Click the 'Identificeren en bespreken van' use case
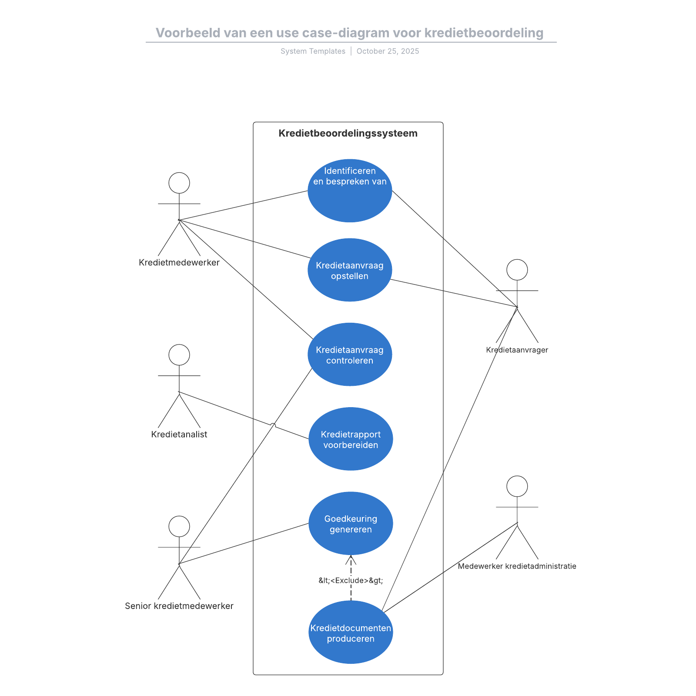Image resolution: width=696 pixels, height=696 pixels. [350, 191]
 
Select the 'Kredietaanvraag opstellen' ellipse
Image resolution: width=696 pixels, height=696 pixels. [350, 270]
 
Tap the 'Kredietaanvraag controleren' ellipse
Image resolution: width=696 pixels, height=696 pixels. [350, 355]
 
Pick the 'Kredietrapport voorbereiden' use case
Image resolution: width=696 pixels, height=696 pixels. [351, 439]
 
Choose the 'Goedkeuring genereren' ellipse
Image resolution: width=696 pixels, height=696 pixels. [351, 523]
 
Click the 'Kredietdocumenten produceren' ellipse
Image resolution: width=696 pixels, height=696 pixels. [351, 632]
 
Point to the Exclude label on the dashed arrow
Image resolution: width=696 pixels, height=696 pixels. [351, 580]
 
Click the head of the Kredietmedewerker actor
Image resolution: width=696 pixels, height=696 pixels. [179, 183]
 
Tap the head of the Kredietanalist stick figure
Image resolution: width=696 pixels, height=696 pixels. [179, 355]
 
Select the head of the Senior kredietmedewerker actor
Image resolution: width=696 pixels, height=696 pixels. [179, 526]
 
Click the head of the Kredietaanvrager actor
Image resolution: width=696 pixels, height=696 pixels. [517, 270]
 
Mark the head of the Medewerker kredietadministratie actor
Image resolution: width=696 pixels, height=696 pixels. [517, 486]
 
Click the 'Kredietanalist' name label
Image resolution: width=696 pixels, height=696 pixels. [179, 434]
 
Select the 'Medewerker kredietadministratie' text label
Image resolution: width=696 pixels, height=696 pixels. [517, 566]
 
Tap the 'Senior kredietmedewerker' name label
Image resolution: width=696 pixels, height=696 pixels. [179, 606]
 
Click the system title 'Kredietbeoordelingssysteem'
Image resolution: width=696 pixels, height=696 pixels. [348, 134]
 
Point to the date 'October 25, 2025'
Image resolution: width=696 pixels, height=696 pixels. [388, 51]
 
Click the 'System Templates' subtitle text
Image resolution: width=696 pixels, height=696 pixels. [313, 51]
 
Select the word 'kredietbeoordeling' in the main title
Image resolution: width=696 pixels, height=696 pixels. [484, 33]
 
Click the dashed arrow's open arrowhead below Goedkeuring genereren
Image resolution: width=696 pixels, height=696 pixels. [351, 559]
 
